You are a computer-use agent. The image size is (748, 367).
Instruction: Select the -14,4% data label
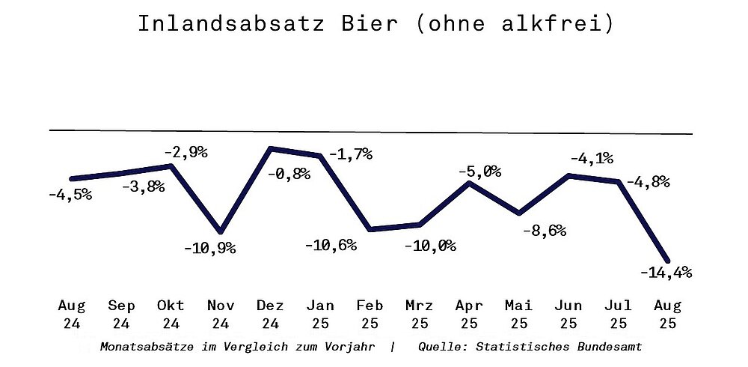pos(666,273)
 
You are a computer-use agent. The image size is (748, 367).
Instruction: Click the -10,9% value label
pos(209,248)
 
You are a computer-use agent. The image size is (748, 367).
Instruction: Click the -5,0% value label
pos(479,172)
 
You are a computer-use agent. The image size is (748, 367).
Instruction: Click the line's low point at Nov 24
pos(221,231)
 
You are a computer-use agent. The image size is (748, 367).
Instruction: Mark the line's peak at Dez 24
pos(272,149)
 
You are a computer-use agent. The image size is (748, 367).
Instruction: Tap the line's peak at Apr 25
pos(469,182)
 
